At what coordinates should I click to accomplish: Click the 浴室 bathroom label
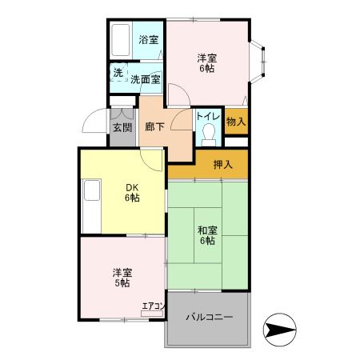pyautogui.click(x=148, y=40)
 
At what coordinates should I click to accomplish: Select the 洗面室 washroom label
pyautogui.click(x=146, y=78)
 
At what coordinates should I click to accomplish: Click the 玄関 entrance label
pyautogui.click(x=122, y=127)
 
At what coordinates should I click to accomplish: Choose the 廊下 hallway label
pyautogui.click(x=154, y=126)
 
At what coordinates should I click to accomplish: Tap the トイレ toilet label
pyautogui.click(x=209, y=117)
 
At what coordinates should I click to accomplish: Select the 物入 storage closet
pyautogui.click(x=236, y=122)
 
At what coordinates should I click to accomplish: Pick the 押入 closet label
pyautogui.click(x=223, y=165)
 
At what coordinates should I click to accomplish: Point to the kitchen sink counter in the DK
pyautogui.click(x=90, y=206)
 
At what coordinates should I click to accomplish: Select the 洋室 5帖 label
pyautogui.click(x=122, y=277)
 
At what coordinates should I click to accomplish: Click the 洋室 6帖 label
pyautogui.click(x=206, y=63)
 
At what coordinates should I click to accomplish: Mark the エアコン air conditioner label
pyautogui.click(x=153, y=306)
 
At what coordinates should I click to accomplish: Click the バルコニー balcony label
pyautogui.click(x=210, y=318)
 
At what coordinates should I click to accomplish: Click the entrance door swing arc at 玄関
pyautogui.click(x=96, y=122)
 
